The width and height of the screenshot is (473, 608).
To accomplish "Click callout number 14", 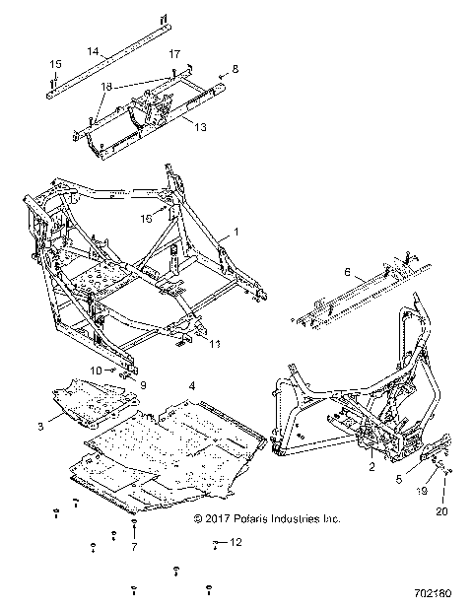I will click(x=93, y=49).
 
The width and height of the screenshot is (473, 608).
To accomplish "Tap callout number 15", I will click(x=55, y=64).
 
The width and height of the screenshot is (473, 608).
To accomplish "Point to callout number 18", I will click(x=106, y=86).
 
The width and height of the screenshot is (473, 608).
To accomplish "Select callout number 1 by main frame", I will click(x=235, y=233).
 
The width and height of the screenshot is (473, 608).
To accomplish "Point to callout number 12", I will click(x=236, y=543).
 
